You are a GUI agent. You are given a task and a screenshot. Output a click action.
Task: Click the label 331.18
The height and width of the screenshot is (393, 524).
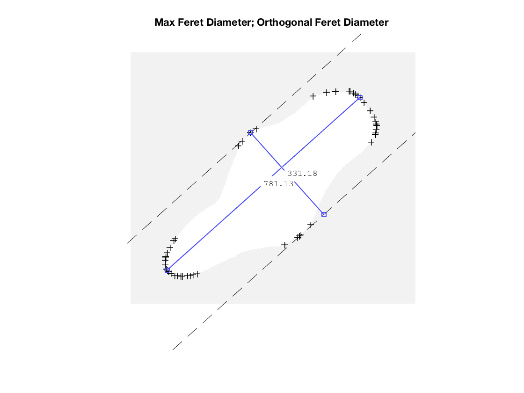[x=302, y=174]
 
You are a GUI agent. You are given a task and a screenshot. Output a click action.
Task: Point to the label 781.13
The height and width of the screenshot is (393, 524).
[x=279, y=184]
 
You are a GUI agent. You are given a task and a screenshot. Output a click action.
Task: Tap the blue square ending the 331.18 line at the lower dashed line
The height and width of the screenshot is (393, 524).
[x=324, y=214]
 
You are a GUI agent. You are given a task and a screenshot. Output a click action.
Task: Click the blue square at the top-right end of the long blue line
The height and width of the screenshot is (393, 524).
[x=360, y=97]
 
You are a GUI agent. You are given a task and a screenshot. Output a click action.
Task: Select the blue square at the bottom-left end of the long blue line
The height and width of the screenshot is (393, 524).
[x=167, y=270]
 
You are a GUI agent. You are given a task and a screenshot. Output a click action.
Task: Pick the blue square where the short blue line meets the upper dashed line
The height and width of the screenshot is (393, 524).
[x=250, y=133]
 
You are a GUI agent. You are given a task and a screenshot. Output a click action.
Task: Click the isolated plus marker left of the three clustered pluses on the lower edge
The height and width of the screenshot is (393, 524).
[x=284, y=245]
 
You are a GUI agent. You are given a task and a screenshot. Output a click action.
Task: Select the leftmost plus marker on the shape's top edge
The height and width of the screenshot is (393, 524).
[x=313, y=96]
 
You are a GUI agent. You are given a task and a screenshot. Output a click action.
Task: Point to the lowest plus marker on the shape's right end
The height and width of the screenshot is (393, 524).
[x=371, y=142]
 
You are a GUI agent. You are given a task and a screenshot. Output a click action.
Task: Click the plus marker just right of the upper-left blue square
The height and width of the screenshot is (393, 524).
[x=256, y=129]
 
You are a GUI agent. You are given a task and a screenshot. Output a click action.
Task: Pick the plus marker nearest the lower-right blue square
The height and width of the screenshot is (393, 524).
[x=311, y=225]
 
